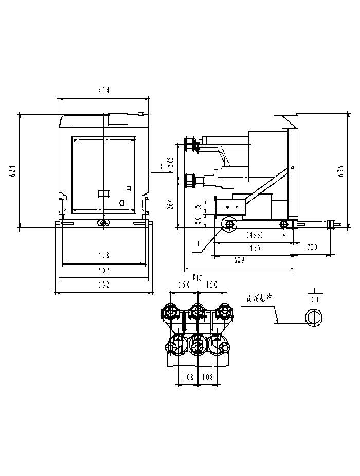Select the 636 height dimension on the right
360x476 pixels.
coord(340,171)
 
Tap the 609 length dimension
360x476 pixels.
coord(239,261)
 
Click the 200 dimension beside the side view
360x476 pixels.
coord(312,247)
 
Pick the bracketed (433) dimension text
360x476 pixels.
coord(255,235)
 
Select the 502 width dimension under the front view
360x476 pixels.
coord(104,270)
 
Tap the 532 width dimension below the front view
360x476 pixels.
coord(104,284)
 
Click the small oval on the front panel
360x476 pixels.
coord(122,202)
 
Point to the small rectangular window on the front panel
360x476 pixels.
coord(103,193)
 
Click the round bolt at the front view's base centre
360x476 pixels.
coord(103,223)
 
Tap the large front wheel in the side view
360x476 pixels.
coord(229,224)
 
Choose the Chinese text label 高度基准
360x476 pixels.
coord(260,297)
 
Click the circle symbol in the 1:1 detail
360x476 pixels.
coord(312,317)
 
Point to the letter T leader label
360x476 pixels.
coord(197,242)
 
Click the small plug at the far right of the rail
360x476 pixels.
coord(332,223)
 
